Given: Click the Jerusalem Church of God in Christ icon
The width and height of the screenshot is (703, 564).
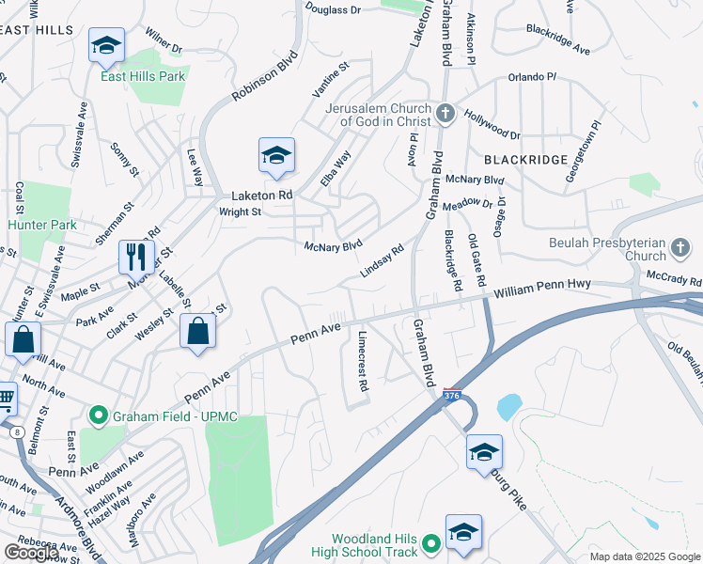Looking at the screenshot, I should pos(446,115).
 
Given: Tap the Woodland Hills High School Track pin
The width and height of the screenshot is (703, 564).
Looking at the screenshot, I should pos(431,543).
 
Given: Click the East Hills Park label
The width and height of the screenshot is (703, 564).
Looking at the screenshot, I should pos(143,76).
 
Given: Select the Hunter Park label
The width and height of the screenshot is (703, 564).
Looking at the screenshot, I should pos(42,226).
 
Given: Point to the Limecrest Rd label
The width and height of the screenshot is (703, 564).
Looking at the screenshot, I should pos(361,360).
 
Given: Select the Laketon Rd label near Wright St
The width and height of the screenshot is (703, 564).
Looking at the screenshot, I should pos(263,196).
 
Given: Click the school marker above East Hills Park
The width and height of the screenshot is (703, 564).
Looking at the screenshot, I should pos(107,45).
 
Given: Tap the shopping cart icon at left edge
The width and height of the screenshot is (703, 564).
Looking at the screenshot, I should pos(6,399).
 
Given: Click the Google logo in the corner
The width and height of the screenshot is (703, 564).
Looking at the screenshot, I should pos(31,553).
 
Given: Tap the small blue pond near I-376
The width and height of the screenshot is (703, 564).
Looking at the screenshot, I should pos(508,406).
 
